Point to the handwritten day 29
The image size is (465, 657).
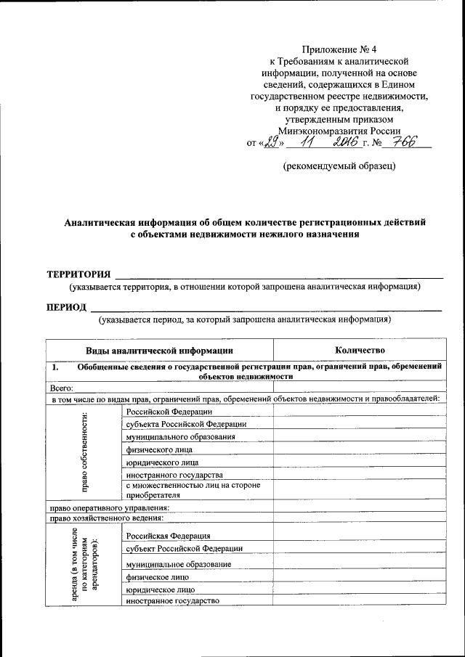click(272, 142)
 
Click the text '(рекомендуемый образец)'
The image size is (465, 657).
click(339, 166)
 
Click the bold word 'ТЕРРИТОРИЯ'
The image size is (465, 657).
click(78, 274)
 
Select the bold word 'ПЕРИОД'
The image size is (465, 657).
click(68, 306)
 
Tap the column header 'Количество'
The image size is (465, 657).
click(360, 351)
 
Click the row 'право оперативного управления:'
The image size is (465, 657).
click(109, 507)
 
